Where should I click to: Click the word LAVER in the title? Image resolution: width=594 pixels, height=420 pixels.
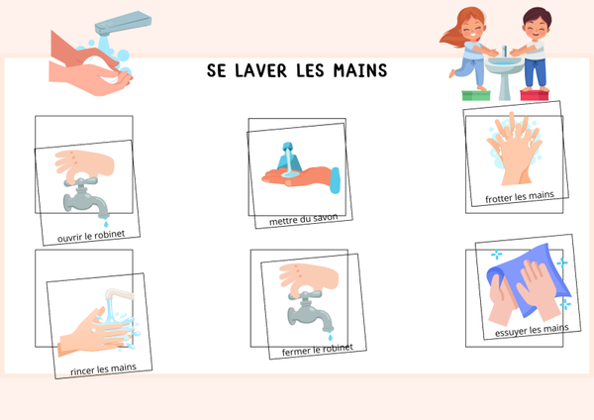point(260,71)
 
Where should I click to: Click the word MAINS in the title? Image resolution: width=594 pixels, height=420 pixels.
point(360,71)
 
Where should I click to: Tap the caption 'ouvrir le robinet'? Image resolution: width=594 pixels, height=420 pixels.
point(91,236)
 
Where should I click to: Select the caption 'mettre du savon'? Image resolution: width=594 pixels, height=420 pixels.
point(304,220)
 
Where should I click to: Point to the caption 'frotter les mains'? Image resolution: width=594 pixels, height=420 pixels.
point(520,197)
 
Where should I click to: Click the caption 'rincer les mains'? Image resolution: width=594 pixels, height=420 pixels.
point(103,368)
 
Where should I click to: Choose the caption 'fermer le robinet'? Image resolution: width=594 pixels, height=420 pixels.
point(318,350)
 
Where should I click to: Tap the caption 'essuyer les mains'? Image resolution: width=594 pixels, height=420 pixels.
point(532,330)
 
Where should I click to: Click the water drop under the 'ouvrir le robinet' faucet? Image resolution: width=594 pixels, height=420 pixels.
point(106,224)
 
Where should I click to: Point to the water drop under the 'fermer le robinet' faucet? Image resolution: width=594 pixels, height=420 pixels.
point(331,336)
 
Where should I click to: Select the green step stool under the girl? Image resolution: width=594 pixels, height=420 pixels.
point(476,95)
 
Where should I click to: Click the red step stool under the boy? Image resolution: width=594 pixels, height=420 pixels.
point(535,95)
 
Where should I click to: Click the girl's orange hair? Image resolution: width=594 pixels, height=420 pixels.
point(461,27)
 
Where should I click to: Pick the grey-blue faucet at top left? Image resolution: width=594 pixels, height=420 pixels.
point(123,23)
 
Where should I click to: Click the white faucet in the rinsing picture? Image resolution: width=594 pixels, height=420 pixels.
point(119,294)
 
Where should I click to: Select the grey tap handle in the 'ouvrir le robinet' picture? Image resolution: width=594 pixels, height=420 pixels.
point(81,181)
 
